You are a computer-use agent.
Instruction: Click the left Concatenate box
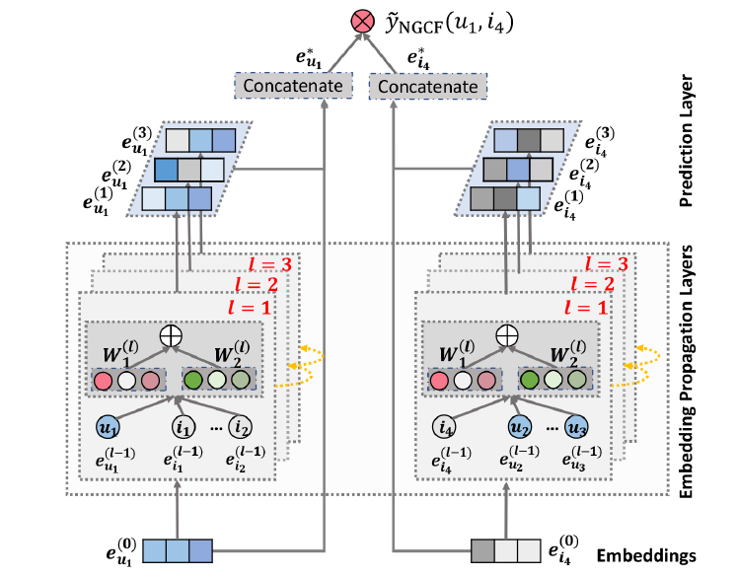[x=295, y=86]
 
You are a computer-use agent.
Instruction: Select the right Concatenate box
[x=428, y=87]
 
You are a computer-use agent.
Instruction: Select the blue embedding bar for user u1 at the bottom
[x=178, y=550]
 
